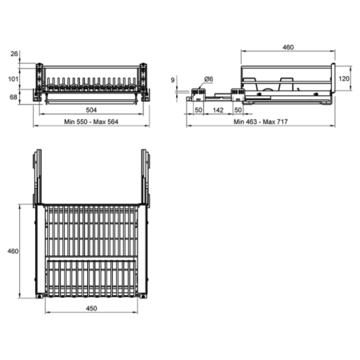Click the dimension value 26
pos(14,54)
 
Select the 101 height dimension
pos(13,79)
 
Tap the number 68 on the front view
pos(14,98)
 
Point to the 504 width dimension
pos(91,110)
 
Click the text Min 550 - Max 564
pos(91,122)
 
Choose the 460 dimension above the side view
pos(288,47)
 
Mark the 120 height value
pos(344,78)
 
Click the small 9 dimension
pos(173,80)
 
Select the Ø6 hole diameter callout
pos(209,79)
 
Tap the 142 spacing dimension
pos(218,110)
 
